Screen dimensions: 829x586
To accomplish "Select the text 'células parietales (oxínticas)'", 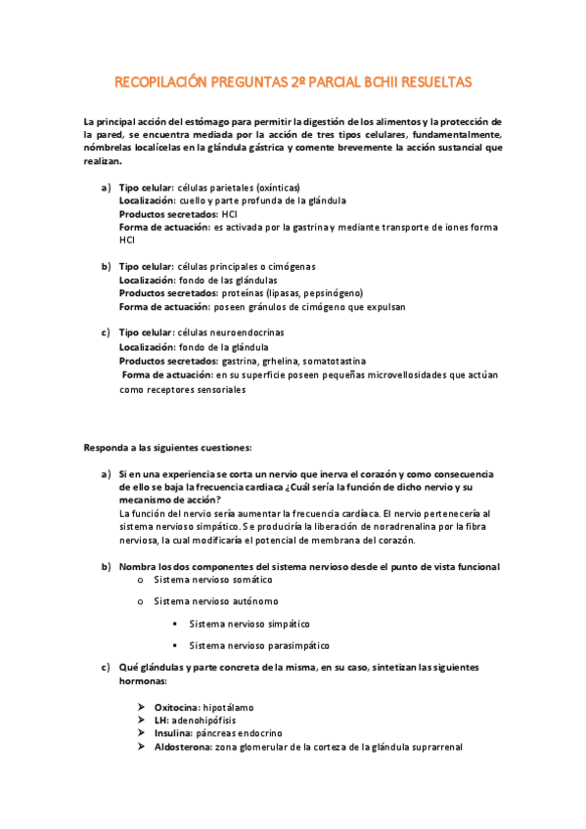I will pos(239,187).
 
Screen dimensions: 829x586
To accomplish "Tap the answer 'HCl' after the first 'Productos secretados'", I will pos(230,213).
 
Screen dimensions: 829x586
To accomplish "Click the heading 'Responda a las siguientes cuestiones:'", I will pos(167,448).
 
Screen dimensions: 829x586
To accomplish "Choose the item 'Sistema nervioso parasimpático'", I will pos(259,645).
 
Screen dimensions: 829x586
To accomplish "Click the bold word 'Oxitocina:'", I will pos(176,706).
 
